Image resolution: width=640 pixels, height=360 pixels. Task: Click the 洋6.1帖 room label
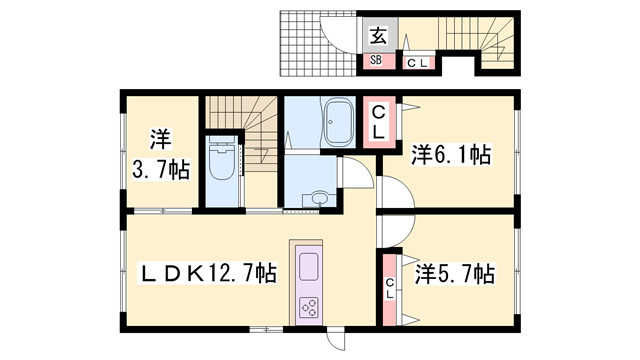pos(450,155)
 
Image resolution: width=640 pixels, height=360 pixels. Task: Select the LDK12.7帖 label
pos(207,272)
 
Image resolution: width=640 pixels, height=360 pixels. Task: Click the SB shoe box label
pos(377,61)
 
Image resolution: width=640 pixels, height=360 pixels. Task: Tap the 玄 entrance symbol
pos(378,38)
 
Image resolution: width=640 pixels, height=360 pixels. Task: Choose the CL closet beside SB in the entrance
pos(418,63)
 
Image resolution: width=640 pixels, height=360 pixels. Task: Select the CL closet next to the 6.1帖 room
pos(380,122)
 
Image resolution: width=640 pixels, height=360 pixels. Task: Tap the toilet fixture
pos(223,163)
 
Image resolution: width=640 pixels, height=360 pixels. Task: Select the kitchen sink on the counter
pos(308,268)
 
